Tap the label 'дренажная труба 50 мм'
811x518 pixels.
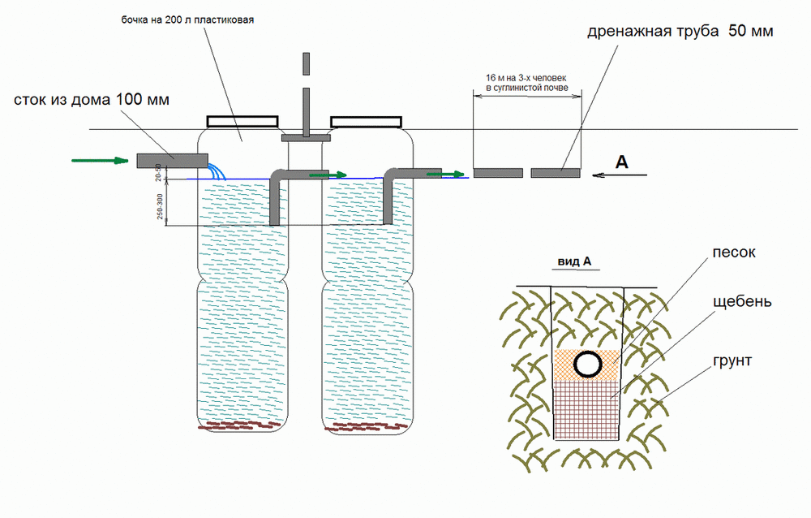[x=680, y=32]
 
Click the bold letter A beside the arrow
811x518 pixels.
[x=622, y=162]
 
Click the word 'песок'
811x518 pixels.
[x=736, y=253]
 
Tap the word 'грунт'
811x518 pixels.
[x=735, y=360]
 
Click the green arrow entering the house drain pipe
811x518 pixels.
[x=100, y=161]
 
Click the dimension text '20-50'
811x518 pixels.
[x=160, y=172]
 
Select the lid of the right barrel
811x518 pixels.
[x=366, y=122]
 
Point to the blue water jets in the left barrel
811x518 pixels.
[x=217, y=171]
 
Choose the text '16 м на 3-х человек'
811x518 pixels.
[x=526, y=78]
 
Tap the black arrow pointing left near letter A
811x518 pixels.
[x=620, y=175]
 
